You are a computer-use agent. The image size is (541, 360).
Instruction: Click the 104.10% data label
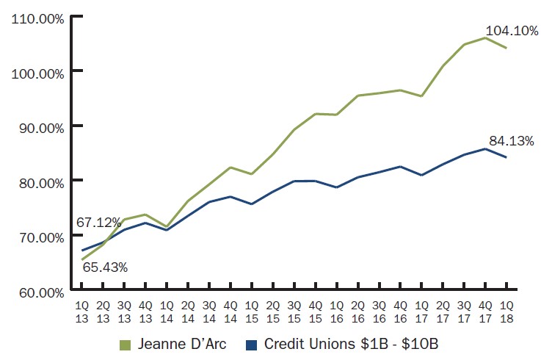(506, 30)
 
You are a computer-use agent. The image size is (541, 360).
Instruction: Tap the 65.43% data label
(105, 267)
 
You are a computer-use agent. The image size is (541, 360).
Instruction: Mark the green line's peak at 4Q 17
(485, 37)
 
